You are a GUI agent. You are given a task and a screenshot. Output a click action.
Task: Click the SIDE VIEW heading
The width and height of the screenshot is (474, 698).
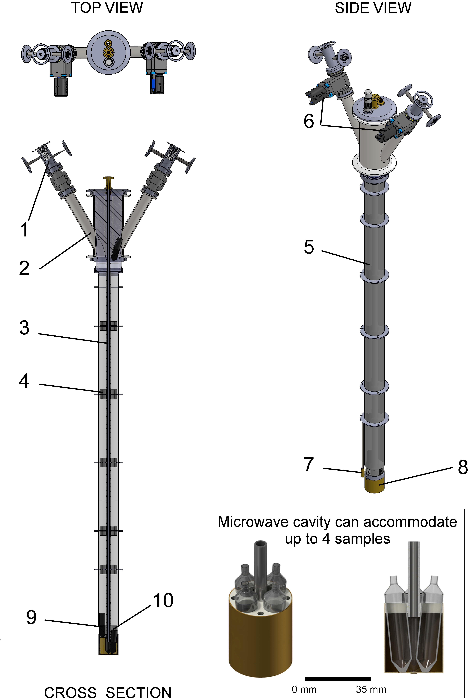coord(373,8)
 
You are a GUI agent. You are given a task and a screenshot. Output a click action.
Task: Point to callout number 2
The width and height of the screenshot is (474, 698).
coord(24,268)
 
